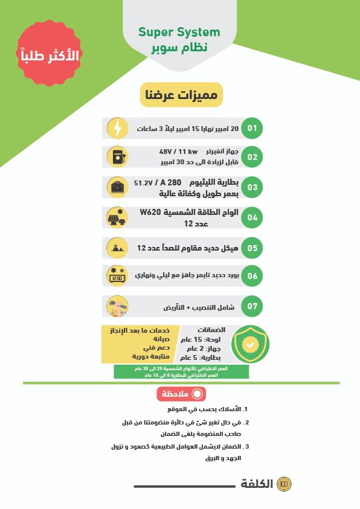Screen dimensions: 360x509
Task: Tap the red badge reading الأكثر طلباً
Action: [50, 56]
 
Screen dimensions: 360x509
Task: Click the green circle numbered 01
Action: [252, 128]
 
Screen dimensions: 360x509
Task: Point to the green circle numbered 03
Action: [252, 187]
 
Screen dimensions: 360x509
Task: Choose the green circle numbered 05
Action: [252, 247]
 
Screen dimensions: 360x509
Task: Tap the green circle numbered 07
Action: [252, 306]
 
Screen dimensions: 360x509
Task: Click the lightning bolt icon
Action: [117, 128]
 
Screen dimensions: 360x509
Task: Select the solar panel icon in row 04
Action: [117, 217]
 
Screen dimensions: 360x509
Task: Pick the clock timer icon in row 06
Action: [117, 276]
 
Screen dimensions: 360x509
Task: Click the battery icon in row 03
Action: [117, 187]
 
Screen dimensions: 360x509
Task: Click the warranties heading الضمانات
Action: [211, 330]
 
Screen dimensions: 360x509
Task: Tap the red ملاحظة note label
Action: [182, 394]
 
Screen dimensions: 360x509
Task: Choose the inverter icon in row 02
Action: [117, 157]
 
